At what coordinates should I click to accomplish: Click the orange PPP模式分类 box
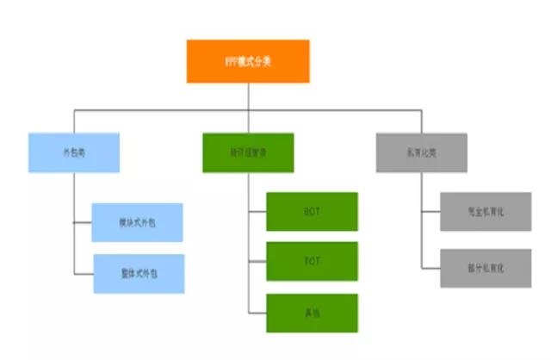(248, 61)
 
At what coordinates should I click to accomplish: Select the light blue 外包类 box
(73, 152)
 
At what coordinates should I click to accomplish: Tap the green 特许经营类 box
(248, 152)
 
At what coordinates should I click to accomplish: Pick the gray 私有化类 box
(422, 152)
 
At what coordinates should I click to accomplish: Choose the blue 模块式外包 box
(138, 222)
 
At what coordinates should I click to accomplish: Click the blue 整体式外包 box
(138, 273)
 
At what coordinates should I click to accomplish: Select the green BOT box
(312, 211)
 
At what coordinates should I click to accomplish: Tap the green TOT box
(312, 261)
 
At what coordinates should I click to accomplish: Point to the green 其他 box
(312, 312)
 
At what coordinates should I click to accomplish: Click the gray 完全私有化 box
(486, 211)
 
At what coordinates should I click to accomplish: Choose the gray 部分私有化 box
(486, 268)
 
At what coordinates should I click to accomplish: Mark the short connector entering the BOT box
(257, 211)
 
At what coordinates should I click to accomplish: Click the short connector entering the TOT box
(257, 261)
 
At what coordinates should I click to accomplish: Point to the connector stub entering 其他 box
(257, 312)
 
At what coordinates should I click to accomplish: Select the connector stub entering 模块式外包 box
(84, 222)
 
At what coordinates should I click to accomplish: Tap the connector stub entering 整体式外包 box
(84, 273)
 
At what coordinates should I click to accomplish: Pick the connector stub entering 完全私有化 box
(430, 211)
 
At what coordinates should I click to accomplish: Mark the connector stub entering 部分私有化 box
(430, 268)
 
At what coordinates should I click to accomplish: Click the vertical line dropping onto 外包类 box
(73, 121)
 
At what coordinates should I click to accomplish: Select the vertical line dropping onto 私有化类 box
(422, 121)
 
